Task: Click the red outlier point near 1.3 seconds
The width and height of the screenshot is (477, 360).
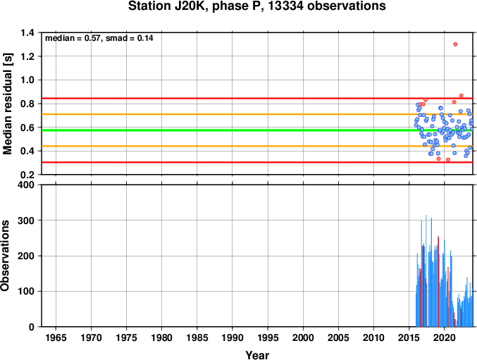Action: pyautogui.click(x=455, y=44)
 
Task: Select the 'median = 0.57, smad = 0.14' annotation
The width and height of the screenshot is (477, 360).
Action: pyautogui.click(x=99, y=38)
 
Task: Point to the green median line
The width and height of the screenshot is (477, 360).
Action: pyautogui.click(x=257, y=130)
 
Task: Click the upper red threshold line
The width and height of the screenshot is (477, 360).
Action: pyautogui.click(x=257, y=98)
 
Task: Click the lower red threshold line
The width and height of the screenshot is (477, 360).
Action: pyautogui.click(x=257, y=162)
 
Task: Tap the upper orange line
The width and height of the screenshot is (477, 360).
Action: pyautogui.click(x=257, y=114)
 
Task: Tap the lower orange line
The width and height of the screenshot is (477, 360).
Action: pyautogui.click(x=257, y=147)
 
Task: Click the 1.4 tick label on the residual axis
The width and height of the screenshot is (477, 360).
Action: pyautogui.click(x=27, y=32)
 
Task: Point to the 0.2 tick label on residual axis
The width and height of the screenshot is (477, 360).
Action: pyautogui.click(x=27, y=175)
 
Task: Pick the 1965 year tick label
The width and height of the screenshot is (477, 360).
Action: pyautogui.click(x=56, y=337)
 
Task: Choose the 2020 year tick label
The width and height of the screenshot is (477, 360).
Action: pyautogui.click(x=445, y=337)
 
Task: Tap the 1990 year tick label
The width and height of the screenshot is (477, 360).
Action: pyautogui.click(x=233, y=337)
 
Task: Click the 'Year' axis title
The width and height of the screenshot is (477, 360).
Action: pyautogui.click(x=257, y=355)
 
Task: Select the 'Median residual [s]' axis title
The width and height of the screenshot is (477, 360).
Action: pyautogui.click(x=7, y=104)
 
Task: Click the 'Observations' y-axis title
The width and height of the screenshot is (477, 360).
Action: pyautogui.click(x=5, y=256)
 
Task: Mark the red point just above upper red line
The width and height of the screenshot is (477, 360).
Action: pyautogui.click(x=461, y=96)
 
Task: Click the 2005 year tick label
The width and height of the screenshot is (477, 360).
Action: pyautogui.click(x=338, y=337)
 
